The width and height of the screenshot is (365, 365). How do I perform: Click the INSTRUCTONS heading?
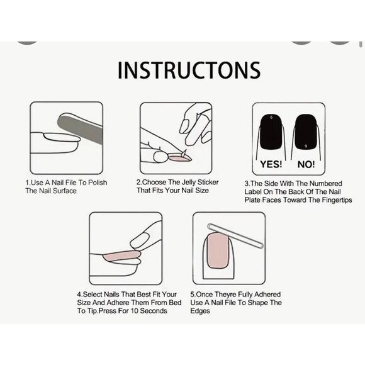(189, 69)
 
